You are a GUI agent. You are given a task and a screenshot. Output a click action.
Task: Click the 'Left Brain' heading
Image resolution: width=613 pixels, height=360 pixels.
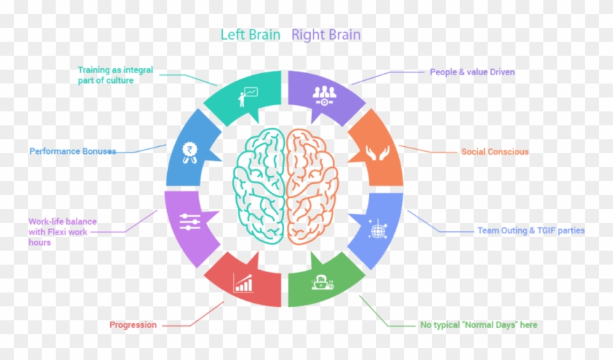(250, 34)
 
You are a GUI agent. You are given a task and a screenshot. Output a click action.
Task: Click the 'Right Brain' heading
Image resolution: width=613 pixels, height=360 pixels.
(326, 34)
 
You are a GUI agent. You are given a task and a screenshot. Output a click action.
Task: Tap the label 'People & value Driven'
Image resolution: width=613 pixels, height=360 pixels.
(472, 72)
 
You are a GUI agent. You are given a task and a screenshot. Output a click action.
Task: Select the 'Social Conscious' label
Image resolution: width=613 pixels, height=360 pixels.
(495, 152)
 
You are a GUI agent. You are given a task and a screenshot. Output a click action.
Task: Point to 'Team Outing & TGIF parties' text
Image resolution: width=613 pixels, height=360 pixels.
(531, 230)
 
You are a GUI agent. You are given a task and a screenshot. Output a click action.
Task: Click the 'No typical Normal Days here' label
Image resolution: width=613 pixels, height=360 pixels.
(479, 324)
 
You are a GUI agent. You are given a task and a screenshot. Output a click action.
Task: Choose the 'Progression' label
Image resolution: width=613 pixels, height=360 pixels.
(133, 324)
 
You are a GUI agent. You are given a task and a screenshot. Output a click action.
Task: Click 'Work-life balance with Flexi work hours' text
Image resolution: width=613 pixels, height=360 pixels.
(63, 232)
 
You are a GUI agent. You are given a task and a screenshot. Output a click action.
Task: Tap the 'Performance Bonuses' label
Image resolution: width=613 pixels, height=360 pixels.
(72, 151)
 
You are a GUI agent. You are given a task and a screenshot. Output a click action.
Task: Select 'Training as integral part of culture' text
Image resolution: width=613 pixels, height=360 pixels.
(115, 75)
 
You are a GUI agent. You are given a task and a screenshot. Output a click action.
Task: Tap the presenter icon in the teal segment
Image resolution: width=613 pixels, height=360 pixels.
(247, 96)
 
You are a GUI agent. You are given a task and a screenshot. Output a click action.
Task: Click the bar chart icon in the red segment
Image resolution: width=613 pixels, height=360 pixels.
(244, 283)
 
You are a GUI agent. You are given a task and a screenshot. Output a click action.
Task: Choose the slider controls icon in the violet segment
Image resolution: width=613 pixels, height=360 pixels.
(189, 222)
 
